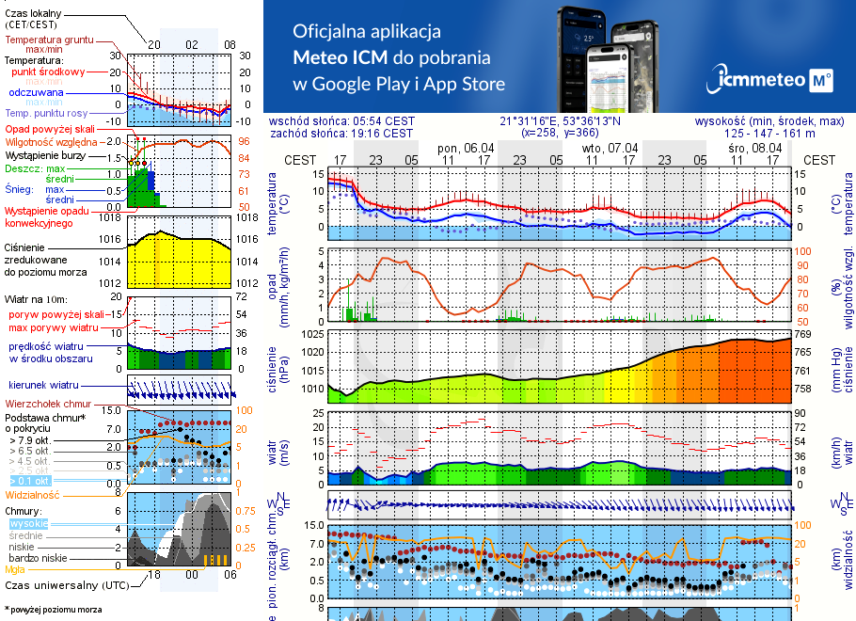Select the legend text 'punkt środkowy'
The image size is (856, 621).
(49, 72)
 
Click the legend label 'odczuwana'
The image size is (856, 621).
(36, 92)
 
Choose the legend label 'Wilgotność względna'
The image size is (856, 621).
(51, 141)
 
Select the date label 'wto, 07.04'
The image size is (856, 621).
(610, 148)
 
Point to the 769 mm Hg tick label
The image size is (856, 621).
(801, 334)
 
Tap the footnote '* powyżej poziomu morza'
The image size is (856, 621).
(53, 610)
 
